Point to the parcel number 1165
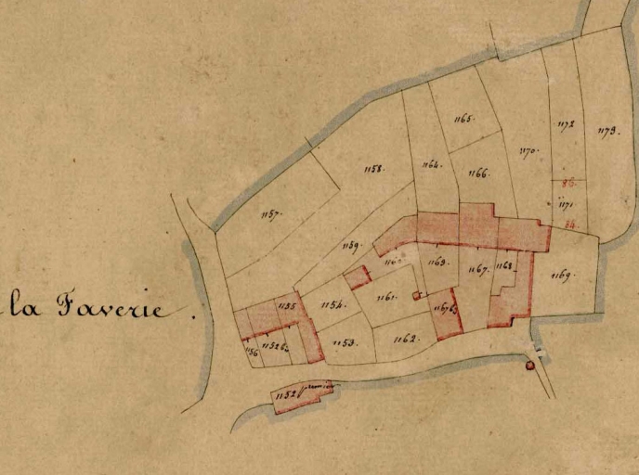(x=464, y=119)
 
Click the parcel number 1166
(x=478, y=173)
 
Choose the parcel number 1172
(x=566, y=123)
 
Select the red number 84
(x=567, y=224)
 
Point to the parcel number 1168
(x=503, y=266)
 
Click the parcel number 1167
(x=479, y=270)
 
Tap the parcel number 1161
(x=386, y=297)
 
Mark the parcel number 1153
(x=345, y=343)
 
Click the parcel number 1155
(x=286, y=306)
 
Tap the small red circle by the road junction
(x=530, y=366)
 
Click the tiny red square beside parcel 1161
(x=416, y=296)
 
